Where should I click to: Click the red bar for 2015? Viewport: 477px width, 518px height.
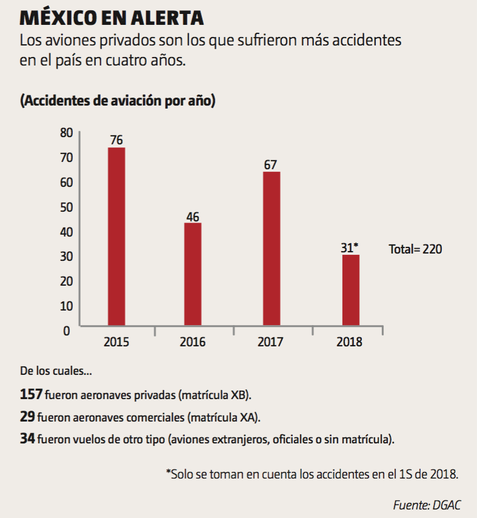(x=116, y=237)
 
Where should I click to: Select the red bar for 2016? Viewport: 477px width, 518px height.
(x=193, y=274)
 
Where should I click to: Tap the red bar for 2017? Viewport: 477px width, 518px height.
(x=271, y=249)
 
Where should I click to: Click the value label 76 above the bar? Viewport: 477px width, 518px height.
(x=116, y=140)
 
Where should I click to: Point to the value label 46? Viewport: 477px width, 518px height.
(x=193, y=216)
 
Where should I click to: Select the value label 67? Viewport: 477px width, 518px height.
(x=271, y=164)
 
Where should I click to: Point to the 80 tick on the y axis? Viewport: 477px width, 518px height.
(x=65, y=133)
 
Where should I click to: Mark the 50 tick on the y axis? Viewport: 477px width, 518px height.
(x=65, y=207)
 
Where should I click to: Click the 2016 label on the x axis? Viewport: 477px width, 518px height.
(x=193, y=342)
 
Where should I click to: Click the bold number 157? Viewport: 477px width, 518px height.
(x=31, y=395)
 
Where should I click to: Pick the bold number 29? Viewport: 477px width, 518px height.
(x=27, y=417)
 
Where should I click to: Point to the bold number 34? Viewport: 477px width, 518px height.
(x=27, y=439)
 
